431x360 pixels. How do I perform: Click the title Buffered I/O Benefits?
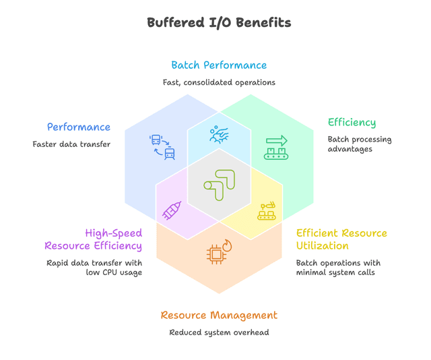[x=219, y=22]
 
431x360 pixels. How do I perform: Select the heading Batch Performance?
[x=219, y=65]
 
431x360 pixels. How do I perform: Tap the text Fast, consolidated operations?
[x=219, y=82]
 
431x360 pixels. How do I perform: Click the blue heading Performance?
[x=79, y=127]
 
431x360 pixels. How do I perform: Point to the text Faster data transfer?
[x=71, y=144]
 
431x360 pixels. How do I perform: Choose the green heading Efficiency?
[x=352, y=123]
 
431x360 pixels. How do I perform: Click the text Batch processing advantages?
[x=360, y=144]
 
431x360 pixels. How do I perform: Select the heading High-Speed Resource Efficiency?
[x=94, y=239]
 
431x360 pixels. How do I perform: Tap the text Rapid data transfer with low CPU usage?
[x=94, y=268]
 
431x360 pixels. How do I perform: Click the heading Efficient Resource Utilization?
[x=341, y=239]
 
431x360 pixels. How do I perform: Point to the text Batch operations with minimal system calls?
[x=338, y=268]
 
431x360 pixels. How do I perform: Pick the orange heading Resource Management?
[x=219, y=316]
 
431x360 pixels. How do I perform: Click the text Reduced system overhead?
[x=219, y=332]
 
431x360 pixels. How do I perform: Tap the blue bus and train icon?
[x=162, y=147]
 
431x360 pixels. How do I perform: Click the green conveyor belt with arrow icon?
[x=276, y=148]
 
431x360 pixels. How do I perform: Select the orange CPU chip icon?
[x=219, y=252]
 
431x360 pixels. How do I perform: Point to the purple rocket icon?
[x=172, y=210]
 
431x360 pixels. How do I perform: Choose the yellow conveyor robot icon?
[x=267, y=211]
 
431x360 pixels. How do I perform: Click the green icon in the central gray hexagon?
[x=219, y=185]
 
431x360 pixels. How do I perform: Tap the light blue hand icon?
[x=219, y=135]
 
